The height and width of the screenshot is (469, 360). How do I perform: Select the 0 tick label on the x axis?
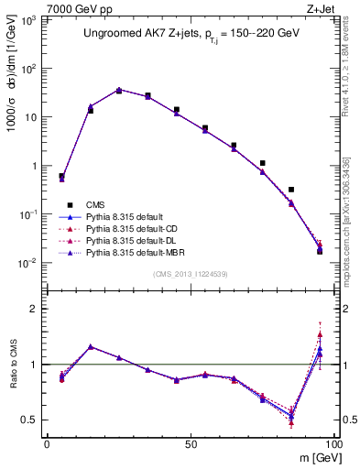click(x=47, y=444)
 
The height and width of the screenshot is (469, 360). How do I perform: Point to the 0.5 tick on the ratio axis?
click(x=31, y=420)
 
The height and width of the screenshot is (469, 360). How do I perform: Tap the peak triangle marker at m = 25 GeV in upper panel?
click(x=119, y=90)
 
